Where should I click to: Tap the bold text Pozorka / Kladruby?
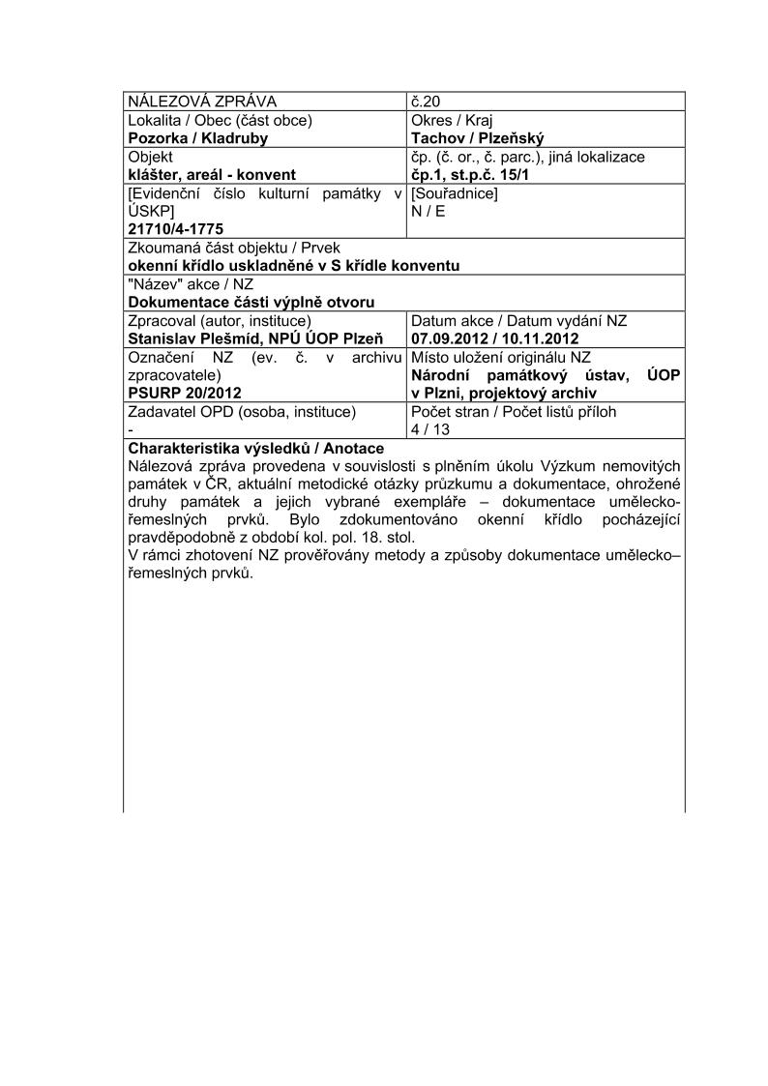pyautogui.click(x=198, y=138)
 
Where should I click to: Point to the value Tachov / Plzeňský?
pyautogui.click(x=478, y=138)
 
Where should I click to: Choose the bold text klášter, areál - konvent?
pyautogui.click(x=212, y=175)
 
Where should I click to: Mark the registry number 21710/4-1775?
pyautogui.click(x=176, y=228)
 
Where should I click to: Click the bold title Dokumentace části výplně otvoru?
pyautogui.click(x=251, y=302)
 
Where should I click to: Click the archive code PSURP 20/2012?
pyautogui.click(x=184, y=393)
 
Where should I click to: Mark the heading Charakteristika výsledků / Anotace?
pyautogui.click(x=256, y=448)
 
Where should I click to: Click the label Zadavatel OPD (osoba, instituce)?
pyautogui.click(x=243, y=411)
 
